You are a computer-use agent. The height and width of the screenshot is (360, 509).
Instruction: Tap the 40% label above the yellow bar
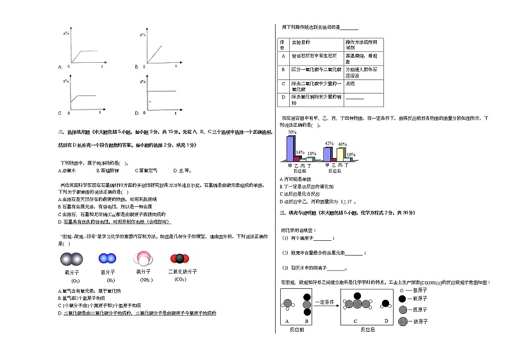tap(342, 145)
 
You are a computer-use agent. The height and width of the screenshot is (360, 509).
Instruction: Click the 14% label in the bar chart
tap(300, 152)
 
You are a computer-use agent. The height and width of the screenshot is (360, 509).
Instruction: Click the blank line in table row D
tap(355, 98)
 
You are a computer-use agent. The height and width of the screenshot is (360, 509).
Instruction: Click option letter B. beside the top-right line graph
tap(137, 67)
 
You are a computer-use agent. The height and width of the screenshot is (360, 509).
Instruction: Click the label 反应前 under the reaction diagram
tap(297, 329)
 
